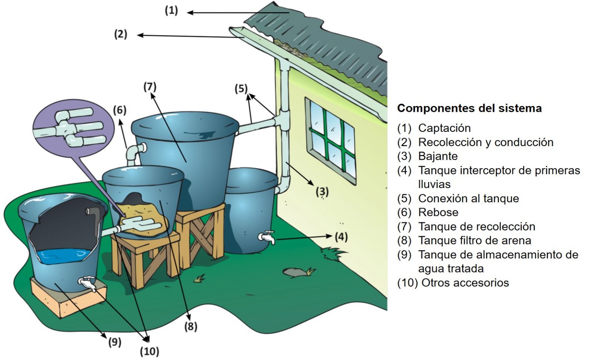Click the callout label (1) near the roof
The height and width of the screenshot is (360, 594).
[171, 10]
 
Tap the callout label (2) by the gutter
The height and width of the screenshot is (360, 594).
[121, 34]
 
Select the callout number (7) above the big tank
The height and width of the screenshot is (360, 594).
[150, 87]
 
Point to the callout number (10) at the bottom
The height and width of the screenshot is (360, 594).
[149, 351]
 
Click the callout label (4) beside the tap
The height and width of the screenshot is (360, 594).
[341, 236]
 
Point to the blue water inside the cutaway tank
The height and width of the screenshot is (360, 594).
[64, 256]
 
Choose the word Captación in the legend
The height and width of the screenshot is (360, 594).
[444, 128]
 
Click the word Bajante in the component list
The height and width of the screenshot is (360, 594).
[438, 156]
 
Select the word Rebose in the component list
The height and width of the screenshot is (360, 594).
[438, 212]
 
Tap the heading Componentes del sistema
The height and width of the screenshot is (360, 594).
[469, 108]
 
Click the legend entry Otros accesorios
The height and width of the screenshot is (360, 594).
[465, 283]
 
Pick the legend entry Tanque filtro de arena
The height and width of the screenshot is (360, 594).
[475, 241]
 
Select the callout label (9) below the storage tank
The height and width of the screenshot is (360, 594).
[114, 342]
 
